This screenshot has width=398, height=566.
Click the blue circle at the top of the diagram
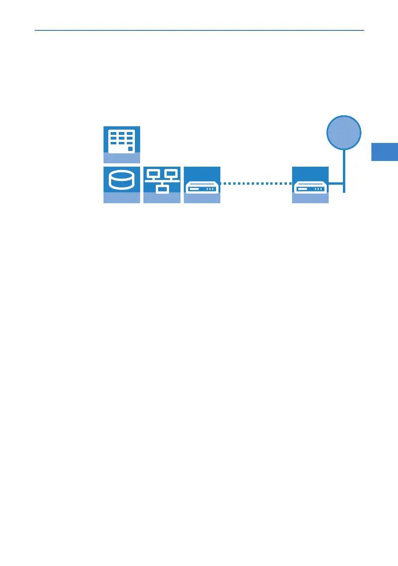click(344, 132)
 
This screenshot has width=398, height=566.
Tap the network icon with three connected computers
click(162, 180)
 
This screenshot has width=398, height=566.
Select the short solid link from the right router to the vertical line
click(336, 183)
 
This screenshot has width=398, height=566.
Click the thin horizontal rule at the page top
click(199, 30)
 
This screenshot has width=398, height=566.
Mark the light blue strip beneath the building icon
click(122, 159)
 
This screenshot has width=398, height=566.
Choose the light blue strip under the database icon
click(122, 198)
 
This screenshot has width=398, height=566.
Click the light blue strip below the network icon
click(162, 198)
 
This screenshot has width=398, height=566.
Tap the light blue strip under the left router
click(202, 198)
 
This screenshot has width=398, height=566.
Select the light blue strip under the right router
click(310, 198)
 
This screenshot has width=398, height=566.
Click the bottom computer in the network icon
click(162, 189)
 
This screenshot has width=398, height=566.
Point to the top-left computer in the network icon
click(153, 174)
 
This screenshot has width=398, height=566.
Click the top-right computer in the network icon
click(171, 174)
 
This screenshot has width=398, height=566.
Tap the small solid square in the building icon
click(130, 149)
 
